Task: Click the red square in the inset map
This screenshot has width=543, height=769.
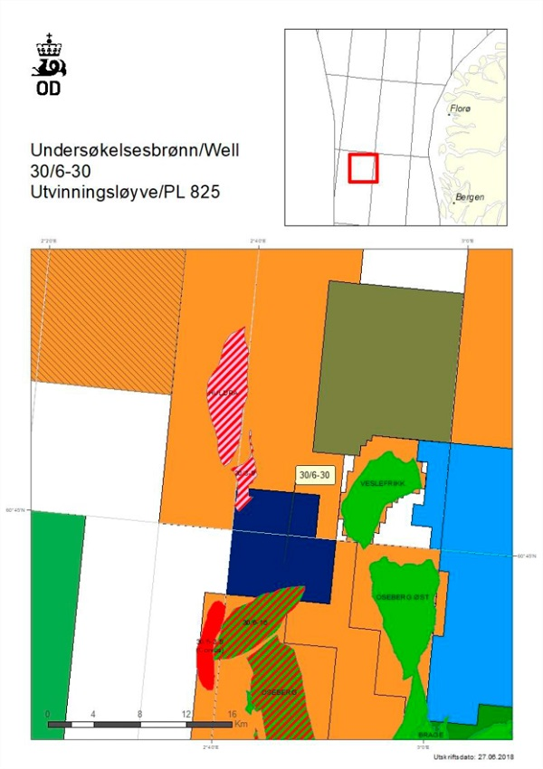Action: point(363,168)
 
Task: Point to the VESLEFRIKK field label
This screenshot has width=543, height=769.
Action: point(379,483)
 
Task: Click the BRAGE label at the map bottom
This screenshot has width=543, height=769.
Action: point(430,736)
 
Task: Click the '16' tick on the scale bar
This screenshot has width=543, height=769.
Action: point(233,714)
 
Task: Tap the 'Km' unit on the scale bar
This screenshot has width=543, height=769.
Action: point(241,725)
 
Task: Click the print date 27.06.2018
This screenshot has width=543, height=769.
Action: point(488,756)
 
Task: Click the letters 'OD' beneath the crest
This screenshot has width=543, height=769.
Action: point(49,89)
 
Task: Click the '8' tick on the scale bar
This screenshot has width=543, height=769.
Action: point(139,714)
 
